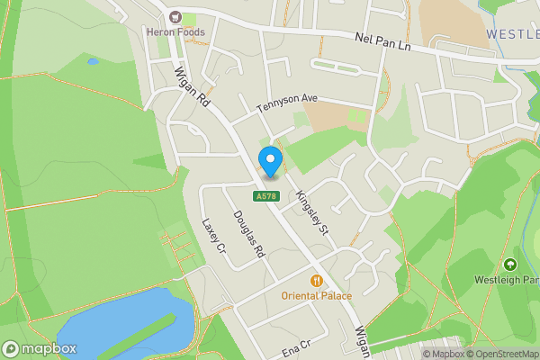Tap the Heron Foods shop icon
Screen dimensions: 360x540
pos(175,17)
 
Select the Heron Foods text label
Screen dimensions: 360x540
pos(176,32)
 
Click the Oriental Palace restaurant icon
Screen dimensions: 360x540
pos(317,281)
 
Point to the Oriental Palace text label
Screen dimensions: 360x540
pos(317,295)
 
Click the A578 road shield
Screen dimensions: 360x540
pos(265,196)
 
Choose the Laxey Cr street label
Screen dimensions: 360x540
pos(211,237)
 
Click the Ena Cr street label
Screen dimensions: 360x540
pos(295,346)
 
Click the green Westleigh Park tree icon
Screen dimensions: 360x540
pos(509,265)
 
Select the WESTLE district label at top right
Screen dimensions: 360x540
pos(512,33)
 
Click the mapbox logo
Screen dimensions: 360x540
pos(40,348)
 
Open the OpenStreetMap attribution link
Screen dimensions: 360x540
pos(501,354)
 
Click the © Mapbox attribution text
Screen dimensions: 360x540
pos(442,354)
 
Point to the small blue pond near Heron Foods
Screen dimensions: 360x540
pos(93,62)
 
